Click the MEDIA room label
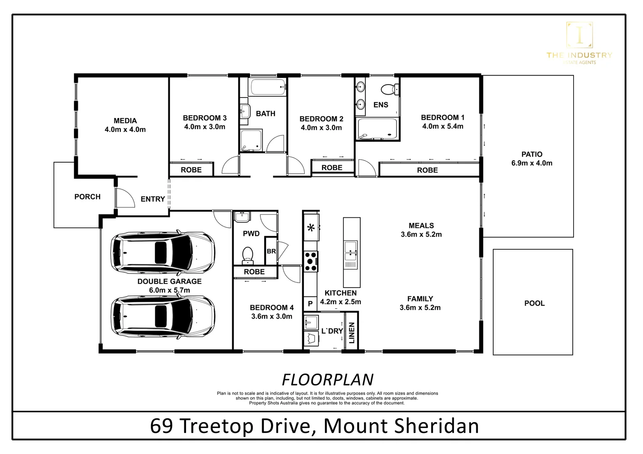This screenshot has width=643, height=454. pos(125,121)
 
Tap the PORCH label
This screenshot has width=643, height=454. pos(87,197)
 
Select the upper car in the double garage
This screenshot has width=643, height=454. pos(162,252)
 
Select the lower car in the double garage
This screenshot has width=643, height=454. pos(162,316)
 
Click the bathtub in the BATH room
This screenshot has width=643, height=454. pos(268,87)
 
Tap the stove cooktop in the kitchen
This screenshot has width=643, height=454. pos(311,261)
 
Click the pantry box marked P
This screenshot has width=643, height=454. pos(310,303)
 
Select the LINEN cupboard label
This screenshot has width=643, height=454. pos(352,333)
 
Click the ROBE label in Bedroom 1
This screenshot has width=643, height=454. pos(427,170)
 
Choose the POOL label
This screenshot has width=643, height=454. pos(534,303)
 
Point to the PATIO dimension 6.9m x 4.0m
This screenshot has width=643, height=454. pos(531,163)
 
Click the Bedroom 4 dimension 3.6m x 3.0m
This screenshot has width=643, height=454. pos(271,317)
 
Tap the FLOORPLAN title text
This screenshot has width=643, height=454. pos(327,380)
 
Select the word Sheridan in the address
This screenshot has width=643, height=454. pos(436,426)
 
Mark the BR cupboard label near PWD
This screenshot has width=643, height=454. pos(271,251)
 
